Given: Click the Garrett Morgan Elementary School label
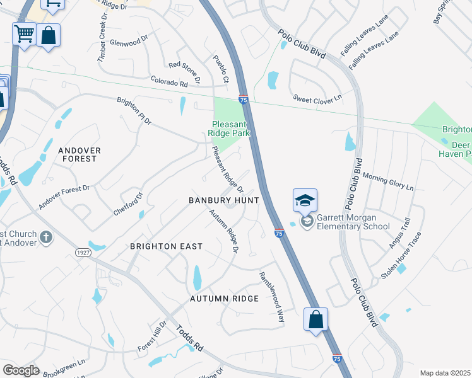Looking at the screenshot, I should [353, 222].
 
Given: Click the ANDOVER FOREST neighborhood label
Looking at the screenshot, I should [78, 154].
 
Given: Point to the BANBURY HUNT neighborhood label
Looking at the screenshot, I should [224, 200].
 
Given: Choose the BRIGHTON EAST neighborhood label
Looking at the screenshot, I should [167, 246].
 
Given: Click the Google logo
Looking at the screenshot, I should [21, 370].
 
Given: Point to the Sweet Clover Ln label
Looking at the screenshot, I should [317, 98].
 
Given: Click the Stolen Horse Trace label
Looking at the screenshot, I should [401, 256].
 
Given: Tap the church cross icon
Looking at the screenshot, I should [45, 237].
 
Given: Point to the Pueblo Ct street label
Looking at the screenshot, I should [220, 67].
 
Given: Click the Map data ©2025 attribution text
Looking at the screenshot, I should [445, 373].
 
